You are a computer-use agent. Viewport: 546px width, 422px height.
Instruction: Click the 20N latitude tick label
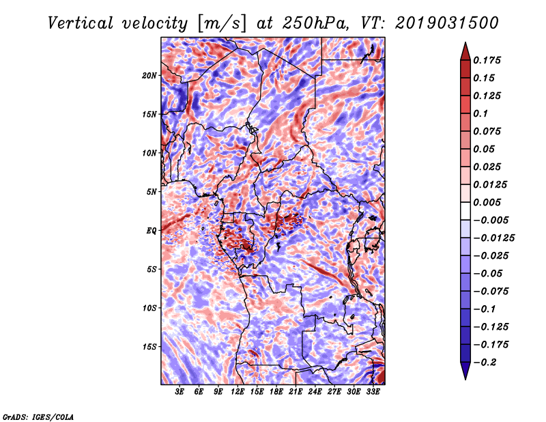coord(149,76)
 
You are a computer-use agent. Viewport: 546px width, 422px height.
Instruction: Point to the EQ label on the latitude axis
coord(152,231)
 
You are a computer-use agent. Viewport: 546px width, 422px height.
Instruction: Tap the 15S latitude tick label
coord(149,347)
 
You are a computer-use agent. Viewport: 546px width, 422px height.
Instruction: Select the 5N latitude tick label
coord(152,192)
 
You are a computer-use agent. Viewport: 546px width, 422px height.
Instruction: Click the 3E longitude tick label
coord(179,392)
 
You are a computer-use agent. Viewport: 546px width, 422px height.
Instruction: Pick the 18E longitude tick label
coord(276,392)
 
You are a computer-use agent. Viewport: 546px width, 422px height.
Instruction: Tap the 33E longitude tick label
coord(373,392)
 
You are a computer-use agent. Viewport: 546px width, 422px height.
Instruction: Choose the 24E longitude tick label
coord(315,392)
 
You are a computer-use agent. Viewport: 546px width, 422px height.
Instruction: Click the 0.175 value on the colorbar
coord(487,60)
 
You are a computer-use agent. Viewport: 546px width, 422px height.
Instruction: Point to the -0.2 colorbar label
coord(485,363)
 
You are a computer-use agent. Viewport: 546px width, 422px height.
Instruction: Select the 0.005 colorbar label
coord(487,202)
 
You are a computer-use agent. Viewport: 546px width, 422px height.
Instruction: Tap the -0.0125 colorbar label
coord(493,238)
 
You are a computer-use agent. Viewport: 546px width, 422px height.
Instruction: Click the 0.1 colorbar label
coord(480,113)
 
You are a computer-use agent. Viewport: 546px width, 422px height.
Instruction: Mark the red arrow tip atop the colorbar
coord(465,43)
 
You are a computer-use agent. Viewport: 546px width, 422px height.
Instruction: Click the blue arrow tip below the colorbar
coord(465,379)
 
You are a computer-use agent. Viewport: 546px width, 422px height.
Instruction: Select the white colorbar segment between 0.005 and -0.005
coord(465,211)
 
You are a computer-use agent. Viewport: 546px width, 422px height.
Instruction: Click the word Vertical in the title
coord(81,23)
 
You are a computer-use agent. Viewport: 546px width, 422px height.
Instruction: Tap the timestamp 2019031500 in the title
coord(447,23)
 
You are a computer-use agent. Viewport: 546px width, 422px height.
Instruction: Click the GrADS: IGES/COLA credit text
coord(38,417)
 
